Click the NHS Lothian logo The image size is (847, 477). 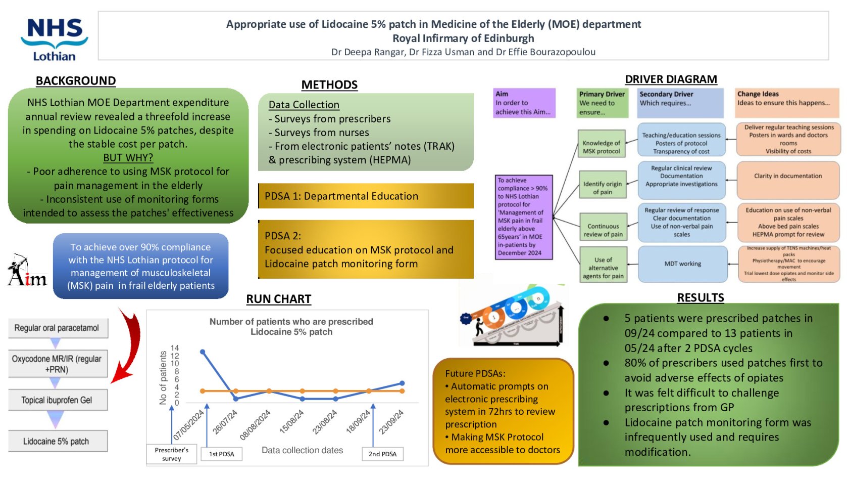pos(54,39)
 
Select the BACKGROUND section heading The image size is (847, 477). pos(76,81)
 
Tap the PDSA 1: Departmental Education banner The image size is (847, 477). pos(366,196)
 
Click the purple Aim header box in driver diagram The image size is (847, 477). pos(524,103)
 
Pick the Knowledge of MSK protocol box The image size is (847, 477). pos(601,147)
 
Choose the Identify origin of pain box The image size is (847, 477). pos(602,188)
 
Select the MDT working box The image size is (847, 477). pos(682,264)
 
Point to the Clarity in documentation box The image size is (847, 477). pos(787,177)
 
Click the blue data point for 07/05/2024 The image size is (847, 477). pos(203,352)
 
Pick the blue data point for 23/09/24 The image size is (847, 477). pos(402,383)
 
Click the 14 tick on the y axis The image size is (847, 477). pos(175,348)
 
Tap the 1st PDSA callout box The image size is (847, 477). pos(221,454)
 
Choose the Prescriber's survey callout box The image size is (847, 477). pos(171,454)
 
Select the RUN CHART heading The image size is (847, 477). pos(278,299)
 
